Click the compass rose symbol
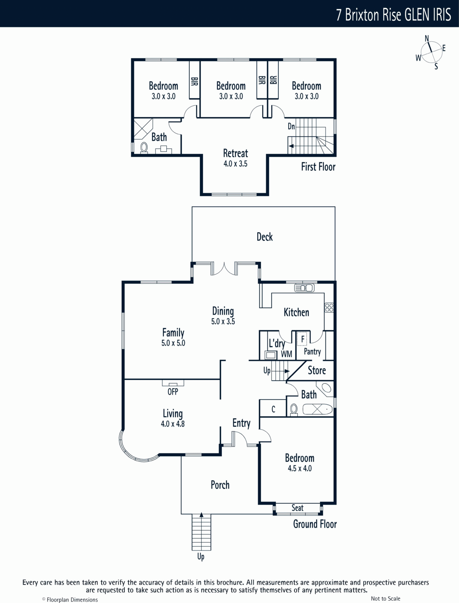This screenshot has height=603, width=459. pyautogui.click(x=431, y=52)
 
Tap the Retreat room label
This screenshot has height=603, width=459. pyautogui.click(x=235, y=153)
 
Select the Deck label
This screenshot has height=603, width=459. pyautogui.click(x=264, y=237)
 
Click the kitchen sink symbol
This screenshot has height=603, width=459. pyautogui.click(x=304, y=288)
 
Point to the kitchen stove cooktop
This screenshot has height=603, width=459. pyautogui.click(x=329, y=308)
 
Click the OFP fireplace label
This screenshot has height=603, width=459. pyautogui.click(x=173, y=392)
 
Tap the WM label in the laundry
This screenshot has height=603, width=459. pyautogui.click(x=286, y=354)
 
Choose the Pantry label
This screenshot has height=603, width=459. pyautogui.click(x=312, y=352)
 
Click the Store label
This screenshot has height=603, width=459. pyautogui.click(x=317, y=370)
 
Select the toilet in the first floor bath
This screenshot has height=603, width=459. pyautogui.click(x=144, y=148)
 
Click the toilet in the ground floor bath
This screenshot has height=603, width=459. pyautogui.click(x=294, y=410)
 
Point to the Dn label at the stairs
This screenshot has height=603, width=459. pyautogui.click(x=291, y=126)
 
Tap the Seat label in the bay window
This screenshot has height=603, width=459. pyautogui.click(x=297, y=508)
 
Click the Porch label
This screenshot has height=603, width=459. pyautogui.click(x=220, y=485)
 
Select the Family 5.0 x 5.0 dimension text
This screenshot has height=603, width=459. pyautogui.click(x=173, y=343)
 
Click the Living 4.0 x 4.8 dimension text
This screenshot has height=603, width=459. pyautogui.click(x=173, y=424)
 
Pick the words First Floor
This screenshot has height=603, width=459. pyautogui.click(x=318, y=167)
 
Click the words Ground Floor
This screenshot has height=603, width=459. pyautogui.click(x=315, y=524)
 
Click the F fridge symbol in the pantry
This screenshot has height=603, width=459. pyautogui.click(x=302, y=339)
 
